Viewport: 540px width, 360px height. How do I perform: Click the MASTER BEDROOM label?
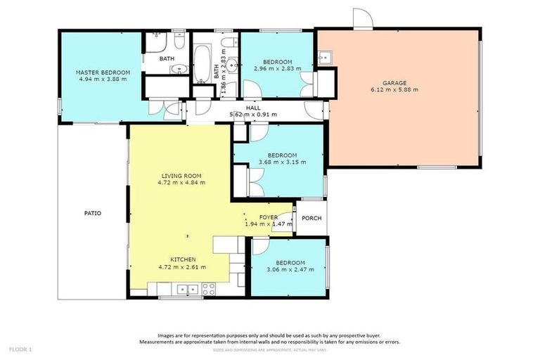point(103,72)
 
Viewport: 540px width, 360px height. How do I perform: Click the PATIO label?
point(93,212)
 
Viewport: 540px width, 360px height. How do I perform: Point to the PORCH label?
point(311,218)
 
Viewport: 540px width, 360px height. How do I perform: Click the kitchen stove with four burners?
point(208,288)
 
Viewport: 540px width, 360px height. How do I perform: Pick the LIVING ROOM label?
point(181,176)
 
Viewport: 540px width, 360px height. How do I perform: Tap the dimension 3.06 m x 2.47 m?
point(288,269)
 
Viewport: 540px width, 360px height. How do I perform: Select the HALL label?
point(254,108)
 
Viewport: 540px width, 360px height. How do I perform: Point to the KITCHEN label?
point(181,259)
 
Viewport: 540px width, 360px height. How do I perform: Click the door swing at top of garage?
point(362,19)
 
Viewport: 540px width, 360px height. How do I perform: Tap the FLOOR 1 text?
point(20,349)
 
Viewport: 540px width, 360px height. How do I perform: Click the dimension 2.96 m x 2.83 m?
point(277,69)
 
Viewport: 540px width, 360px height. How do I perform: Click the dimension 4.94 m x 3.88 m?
point(103,79)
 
